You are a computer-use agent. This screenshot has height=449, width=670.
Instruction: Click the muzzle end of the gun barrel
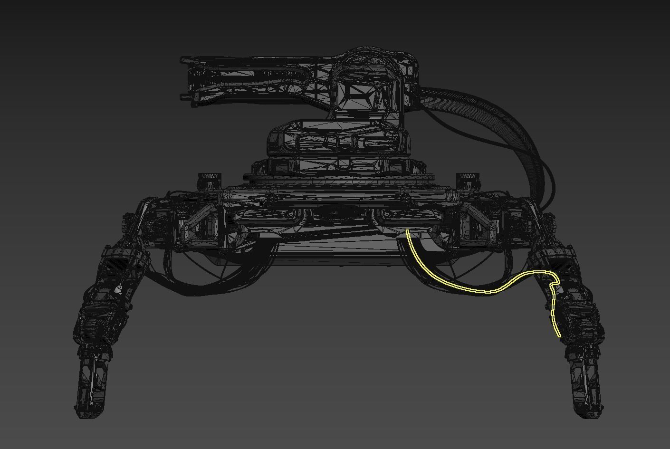pyautogui.click(x=184, y=78)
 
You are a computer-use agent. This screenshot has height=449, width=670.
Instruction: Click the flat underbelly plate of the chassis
pyautogui.click(x=333, y=252)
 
